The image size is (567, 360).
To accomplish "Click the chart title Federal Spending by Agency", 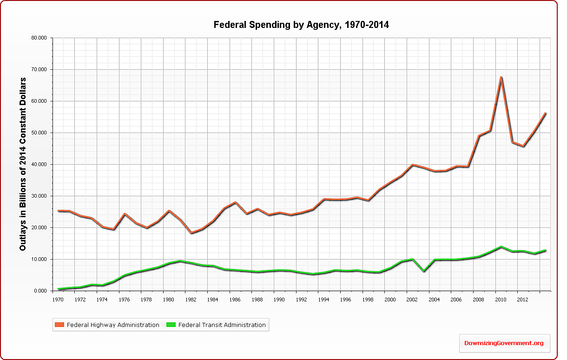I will pos(301,25).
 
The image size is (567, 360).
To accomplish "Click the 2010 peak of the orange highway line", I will pos(501,77).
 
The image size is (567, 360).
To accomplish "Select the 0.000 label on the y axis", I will pos(42,291).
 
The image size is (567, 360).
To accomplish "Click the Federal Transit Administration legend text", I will pos(222,325).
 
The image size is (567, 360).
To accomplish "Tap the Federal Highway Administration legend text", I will pos(113,325).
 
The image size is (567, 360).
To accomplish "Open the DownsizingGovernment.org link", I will pos(504,343).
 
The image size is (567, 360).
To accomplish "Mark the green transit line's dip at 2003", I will pos(423,271).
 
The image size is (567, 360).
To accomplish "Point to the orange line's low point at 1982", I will pos(191,233).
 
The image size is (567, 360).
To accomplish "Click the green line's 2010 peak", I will pos(501,247).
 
